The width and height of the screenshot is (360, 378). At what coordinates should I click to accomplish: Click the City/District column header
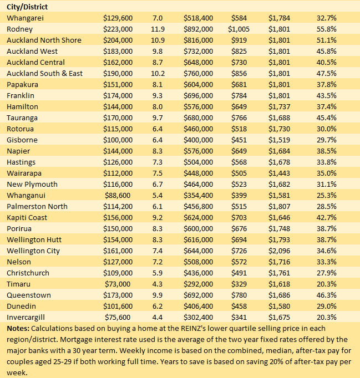(x=27, y=7)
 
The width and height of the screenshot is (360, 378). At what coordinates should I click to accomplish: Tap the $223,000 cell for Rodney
(x=118, y=29)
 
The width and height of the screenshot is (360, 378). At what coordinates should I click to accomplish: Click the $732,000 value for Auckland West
(x=198, y=52)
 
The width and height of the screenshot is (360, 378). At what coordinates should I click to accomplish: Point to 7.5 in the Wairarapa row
(x=158, y=173)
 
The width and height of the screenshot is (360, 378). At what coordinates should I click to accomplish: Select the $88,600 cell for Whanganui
(x=118, y=196)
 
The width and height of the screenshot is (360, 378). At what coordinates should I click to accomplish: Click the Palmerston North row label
(x=37, y=207)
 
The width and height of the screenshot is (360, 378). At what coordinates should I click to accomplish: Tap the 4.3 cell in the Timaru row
(x=158, y=284)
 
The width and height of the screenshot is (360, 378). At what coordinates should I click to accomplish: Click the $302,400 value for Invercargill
(x=198, y=318)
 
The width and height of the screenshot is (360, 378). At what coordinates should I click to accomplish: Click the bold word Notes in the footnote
(x=18, y=329)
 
